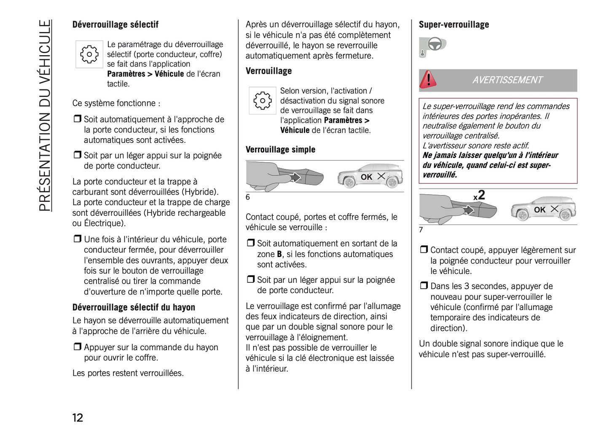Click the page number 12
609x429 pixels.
click(x=78, y=417)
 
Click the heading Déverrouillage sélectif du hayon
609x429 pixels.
click(x=134, y=307)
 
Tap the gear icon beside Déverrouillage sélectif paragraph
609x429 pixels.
click(x=89, y=54)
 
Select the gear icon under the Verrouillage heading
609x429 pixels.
click(x=263, y=101)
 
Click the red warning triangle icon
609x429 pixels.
click(x=428, y=80)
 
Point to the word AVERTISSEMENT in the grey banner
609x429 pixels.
click(x=507, y=80)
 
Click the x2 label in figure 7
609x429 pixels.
click(x=479, y=196)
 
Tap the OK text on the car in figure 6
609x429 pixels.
click(x=366, y=177)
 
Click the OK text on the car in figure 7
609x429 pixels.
click(x=539, y=209)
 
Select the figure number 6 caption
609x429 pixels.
click(x=248, y=197)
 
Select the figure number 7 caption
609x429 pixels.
click(x=421, y=230)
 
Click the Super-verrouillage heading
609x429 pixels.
click(x=453, y=24)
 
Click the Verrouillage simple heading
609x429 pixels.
click(x=280, y=150)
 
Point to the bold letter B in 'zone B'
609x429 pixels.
click(x=279, y=254)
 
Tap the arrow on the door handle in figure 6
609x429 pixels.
click(x=295, y=177)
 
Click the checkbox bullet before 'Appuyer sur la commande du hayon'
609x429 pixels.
click(x=77, y=347)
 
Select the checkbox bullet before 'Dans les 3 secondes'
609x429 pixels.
click(x=424, y=286)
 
